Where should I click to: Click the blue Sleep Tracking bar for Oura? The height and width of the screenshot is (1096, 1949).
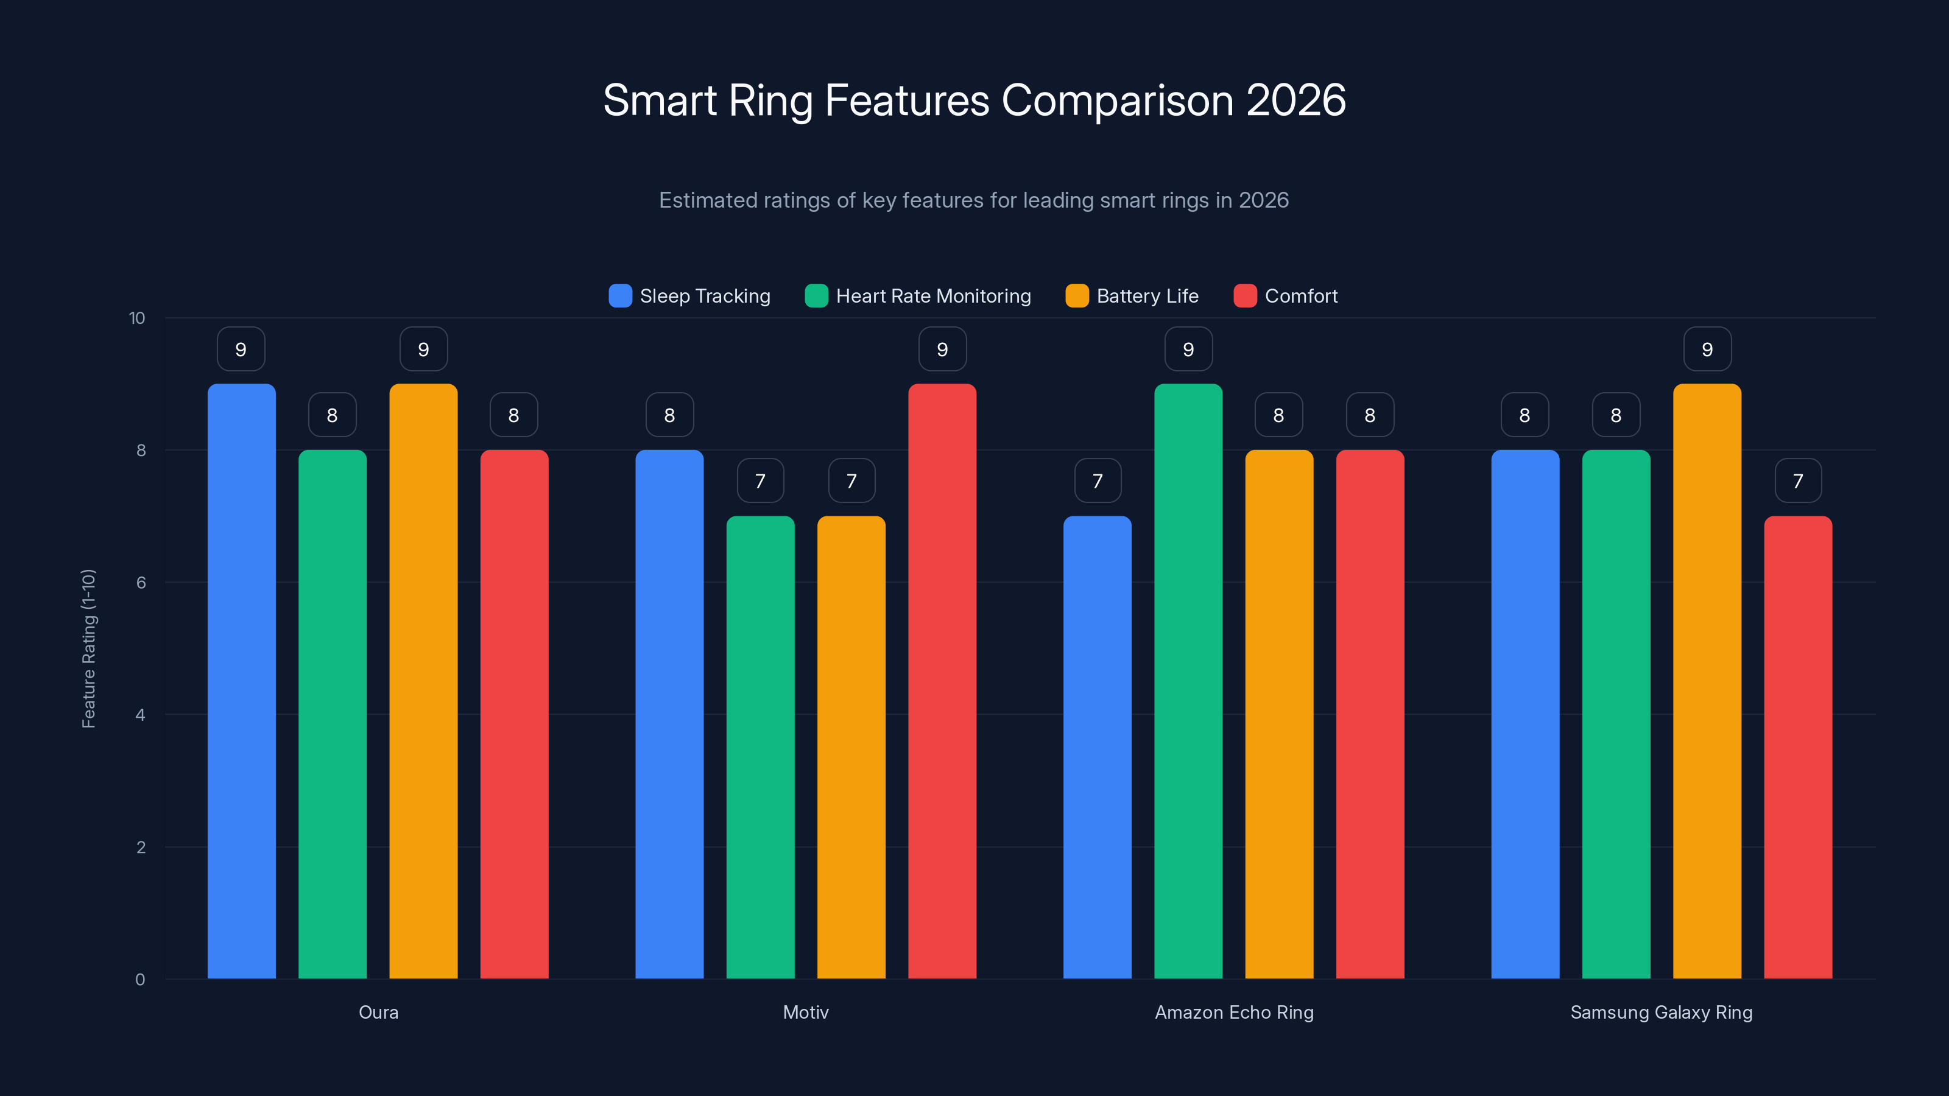tap(241, 681)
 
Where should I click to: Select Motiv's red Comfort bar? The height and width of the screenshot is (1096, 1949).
tap(942, 681)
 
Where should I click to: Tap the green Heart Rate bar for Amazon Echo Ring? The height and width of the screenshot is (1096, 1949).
tap(1188, 681)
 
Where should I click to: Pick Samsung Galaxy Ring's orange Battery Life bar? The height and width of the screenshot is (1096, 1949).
tap(1707, 681)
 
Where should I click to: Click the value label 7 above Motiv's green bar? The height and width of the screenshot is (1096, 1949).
tap(760, 481)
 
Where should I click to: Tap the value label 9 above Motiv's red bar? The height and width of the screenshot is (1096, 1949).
tap(942, 350)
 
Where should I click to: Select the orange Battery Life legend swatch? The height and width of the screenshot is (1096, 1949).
tap(1077, 296)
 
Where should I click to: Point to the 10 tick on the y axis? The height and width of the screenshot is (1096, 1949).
tap(137, 318)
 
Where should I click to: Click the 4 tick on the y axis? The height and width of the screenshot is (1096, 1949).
tap(140, 715)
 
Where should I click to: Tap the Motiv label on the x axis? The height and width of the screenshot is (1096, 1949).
tap(806, 1012)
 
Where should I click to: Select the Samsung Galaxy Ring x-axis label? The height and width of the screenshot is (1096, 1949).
tap(1661, 1012)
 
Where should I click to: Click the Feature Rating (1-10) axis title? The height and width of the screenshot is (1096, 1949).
tap(88, 648)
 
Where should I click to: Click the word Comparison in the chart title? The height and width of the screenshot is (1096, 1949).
tap(1118, 100)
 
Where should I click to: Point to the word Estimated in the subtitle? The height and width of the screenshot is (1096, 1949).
tap(707, 200)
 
